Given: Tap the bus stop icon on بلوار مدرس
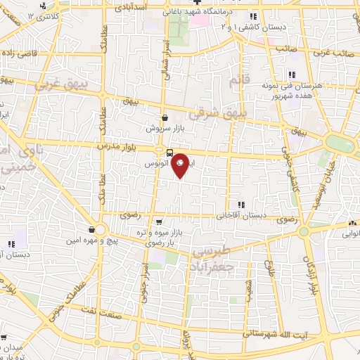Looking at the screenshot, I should (x=170, y=153).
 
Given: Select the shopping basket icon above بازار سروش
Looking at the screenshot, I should (x=165, y=118).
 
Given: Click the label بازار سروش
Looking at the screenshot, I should (x=160, y=129).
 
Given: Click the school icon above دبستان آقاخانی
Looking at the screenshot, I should (x=240, y=205).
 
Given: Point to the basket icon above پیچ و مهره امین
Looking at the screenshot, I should (x=92, y=229).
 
